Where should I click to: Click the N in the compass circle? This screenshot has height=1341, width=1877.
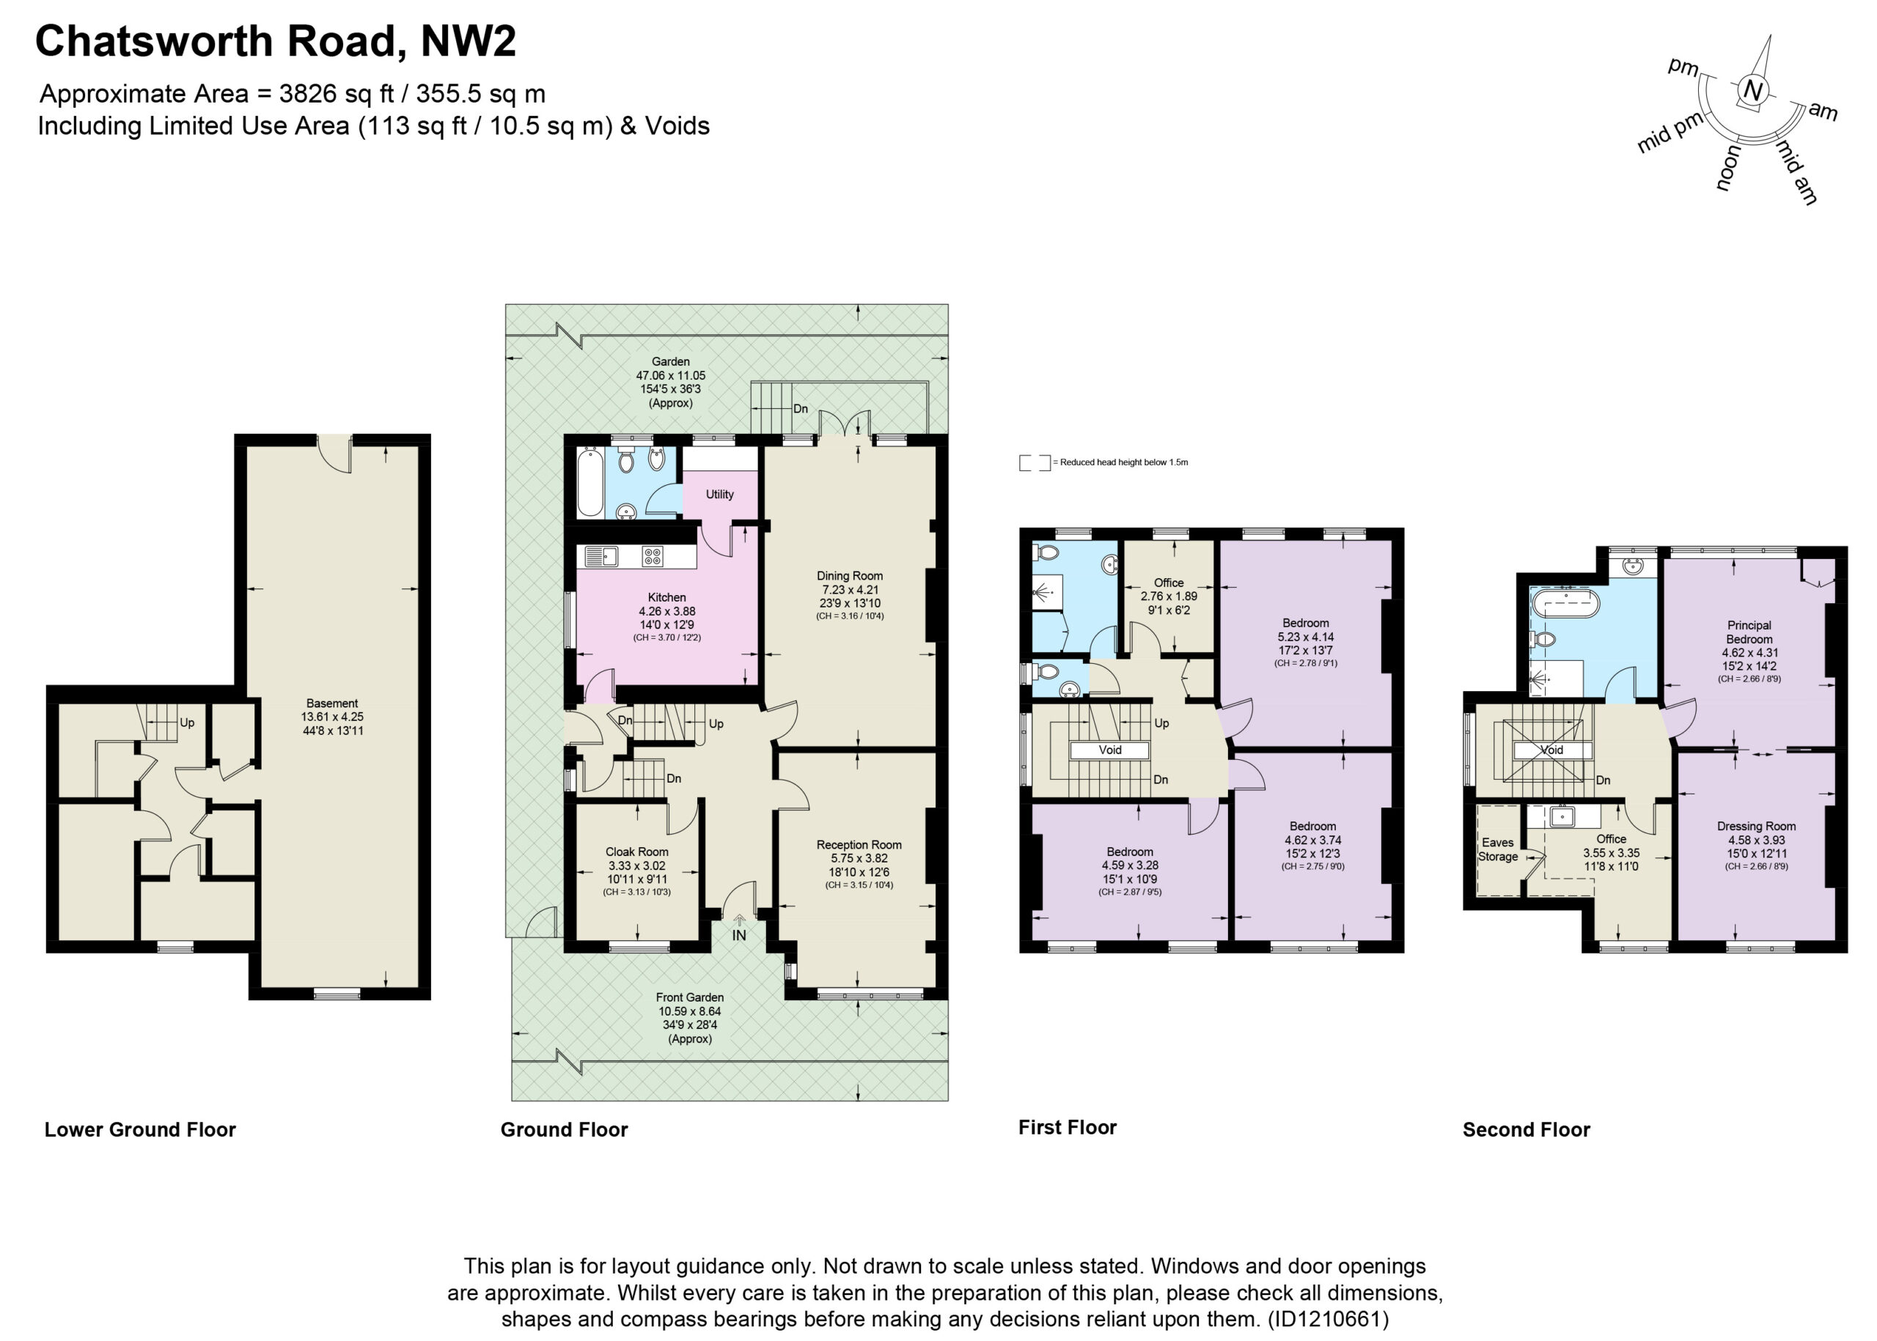[x=1752, y=92]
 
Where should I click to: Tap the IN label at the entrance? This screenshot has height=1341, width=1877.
[x=738, y=936]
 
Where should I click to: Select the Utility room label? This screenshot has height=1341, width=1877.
[x=719, y=495]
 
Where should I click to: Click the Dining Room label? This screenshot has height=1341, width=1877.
[x=849, y=575]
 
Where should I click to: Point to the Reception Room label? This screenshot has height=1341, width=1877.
[x=859, y=845]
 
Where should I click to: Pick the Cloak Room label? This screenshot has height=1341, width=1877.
[x=637, y=851]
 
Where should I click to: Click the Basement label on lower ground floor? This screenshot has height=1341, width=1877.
[x=332, y=703]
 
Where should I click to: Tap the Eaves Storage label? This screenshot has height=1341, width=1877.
[x=1498, y=849]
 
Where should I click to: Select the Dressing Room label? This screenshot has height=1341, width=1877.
[x=1755, y=826]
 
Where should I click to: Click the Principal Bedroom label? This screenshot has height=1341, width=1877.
[x=1749, y=632]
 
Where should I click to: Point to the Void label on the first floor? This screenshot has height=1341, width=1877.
[x=1109, y=750]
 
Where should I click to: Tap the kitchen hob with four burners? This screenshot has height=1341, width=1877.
[x=652, y=556]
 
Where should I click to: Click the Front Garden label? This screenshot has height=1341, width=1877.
[x=690, y=997]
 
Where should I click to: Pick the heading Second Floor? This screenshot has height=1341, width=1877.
[x=1526, y=1130]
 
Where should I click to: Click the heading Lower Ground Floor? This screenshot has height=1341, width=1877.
[x=141, y=1130]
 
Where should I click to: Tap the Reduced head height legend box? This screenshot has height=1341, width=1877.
[x=1035, y=462]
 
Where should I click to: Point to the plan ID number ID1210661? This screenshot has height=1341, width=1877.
[x=1328, y=1319]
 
